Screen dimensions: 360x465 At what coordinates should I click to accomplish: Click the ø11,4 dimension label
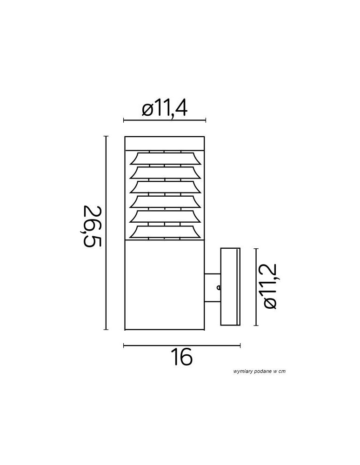coord(165,108)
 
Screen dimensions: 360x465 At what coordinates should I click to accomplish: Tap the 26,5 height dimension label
coord(92,226)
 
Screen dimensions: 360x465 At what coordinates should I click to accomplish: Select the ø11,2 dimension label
coord(270,286)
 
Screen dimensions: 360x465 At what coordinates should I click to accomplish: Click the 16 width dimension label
coord(182,357)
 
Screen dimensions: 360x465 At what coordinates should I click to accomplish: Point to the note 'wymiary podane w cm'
coord(260,371)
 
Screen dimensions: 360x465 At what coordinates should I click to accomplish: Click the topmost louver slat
coord(165,159)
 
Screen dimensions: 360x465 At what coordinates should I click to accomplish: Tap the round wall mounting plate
coord(230,286)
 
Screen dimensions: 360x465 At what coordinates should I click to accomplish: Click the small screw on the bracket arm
coord(219,287)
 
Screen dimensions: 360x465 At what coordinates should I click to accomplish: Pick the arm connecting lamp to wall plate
coord(212,288)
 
